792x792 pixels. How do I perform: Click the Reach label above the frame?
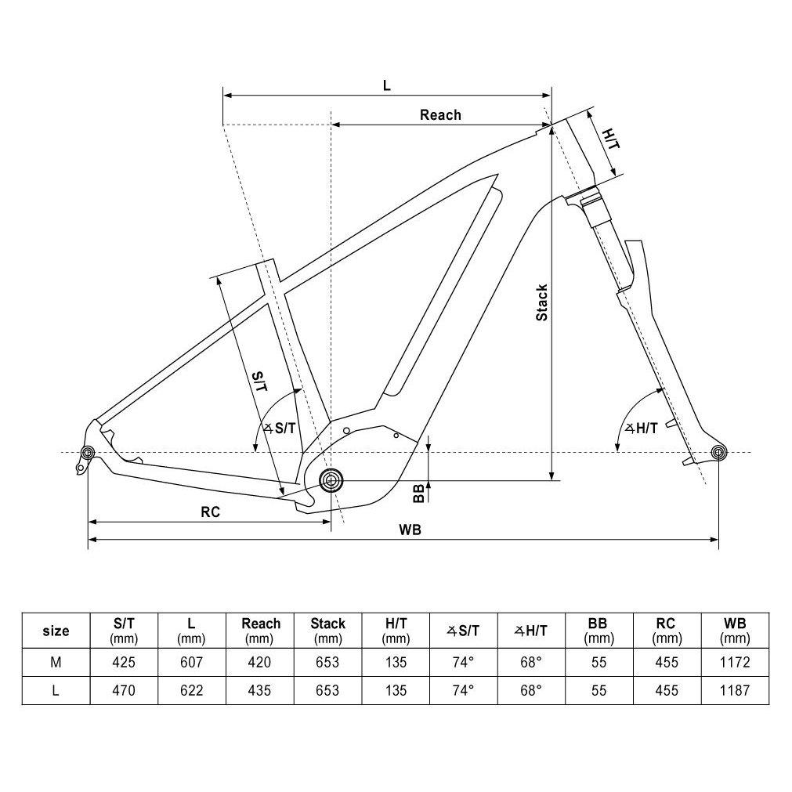(x=440, y=115)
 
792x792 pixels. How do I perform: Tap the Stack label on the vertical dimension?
(x=541, y=302)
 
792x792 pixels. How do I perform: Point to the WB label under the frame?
(x=410, y=530)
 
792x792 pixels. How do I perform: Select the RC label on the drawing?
(x=210, y=512)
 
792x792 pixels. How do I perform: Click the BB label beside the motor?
(x=419, y=492)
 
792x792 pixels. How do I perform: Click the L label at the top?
(x=386, y=85)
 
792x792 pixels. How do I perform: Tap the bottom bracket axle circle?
(x=331, y=479)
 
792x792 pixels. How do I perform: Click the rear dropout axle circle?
(x=87, y=452)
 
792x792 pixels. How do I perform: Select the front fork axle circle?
(x=718, y=452)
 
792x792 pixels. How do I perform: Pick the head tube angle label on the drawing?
(x=641, y=428)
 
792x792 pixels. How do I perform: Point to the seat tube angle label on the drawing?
(x=280, y=428)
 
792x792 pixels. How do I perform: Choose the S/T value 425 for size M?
(x=124, y=662)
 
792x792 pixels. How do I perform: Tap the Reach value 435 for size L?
(x=259, y=690)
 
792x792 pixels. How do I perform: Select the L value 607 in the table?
(x=191, y=662)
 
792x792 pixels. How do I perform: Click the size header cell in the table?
(x=56, y=631)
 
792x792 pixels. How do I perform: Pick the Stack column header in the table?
(x=327, y=624)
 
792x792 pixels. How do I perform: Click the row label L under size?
(x=56, y=690)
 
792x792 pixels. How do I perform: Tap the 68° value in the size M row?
(x=530, y=662)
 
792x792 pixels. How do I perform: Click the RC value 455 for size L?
(x=667, y=690)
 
